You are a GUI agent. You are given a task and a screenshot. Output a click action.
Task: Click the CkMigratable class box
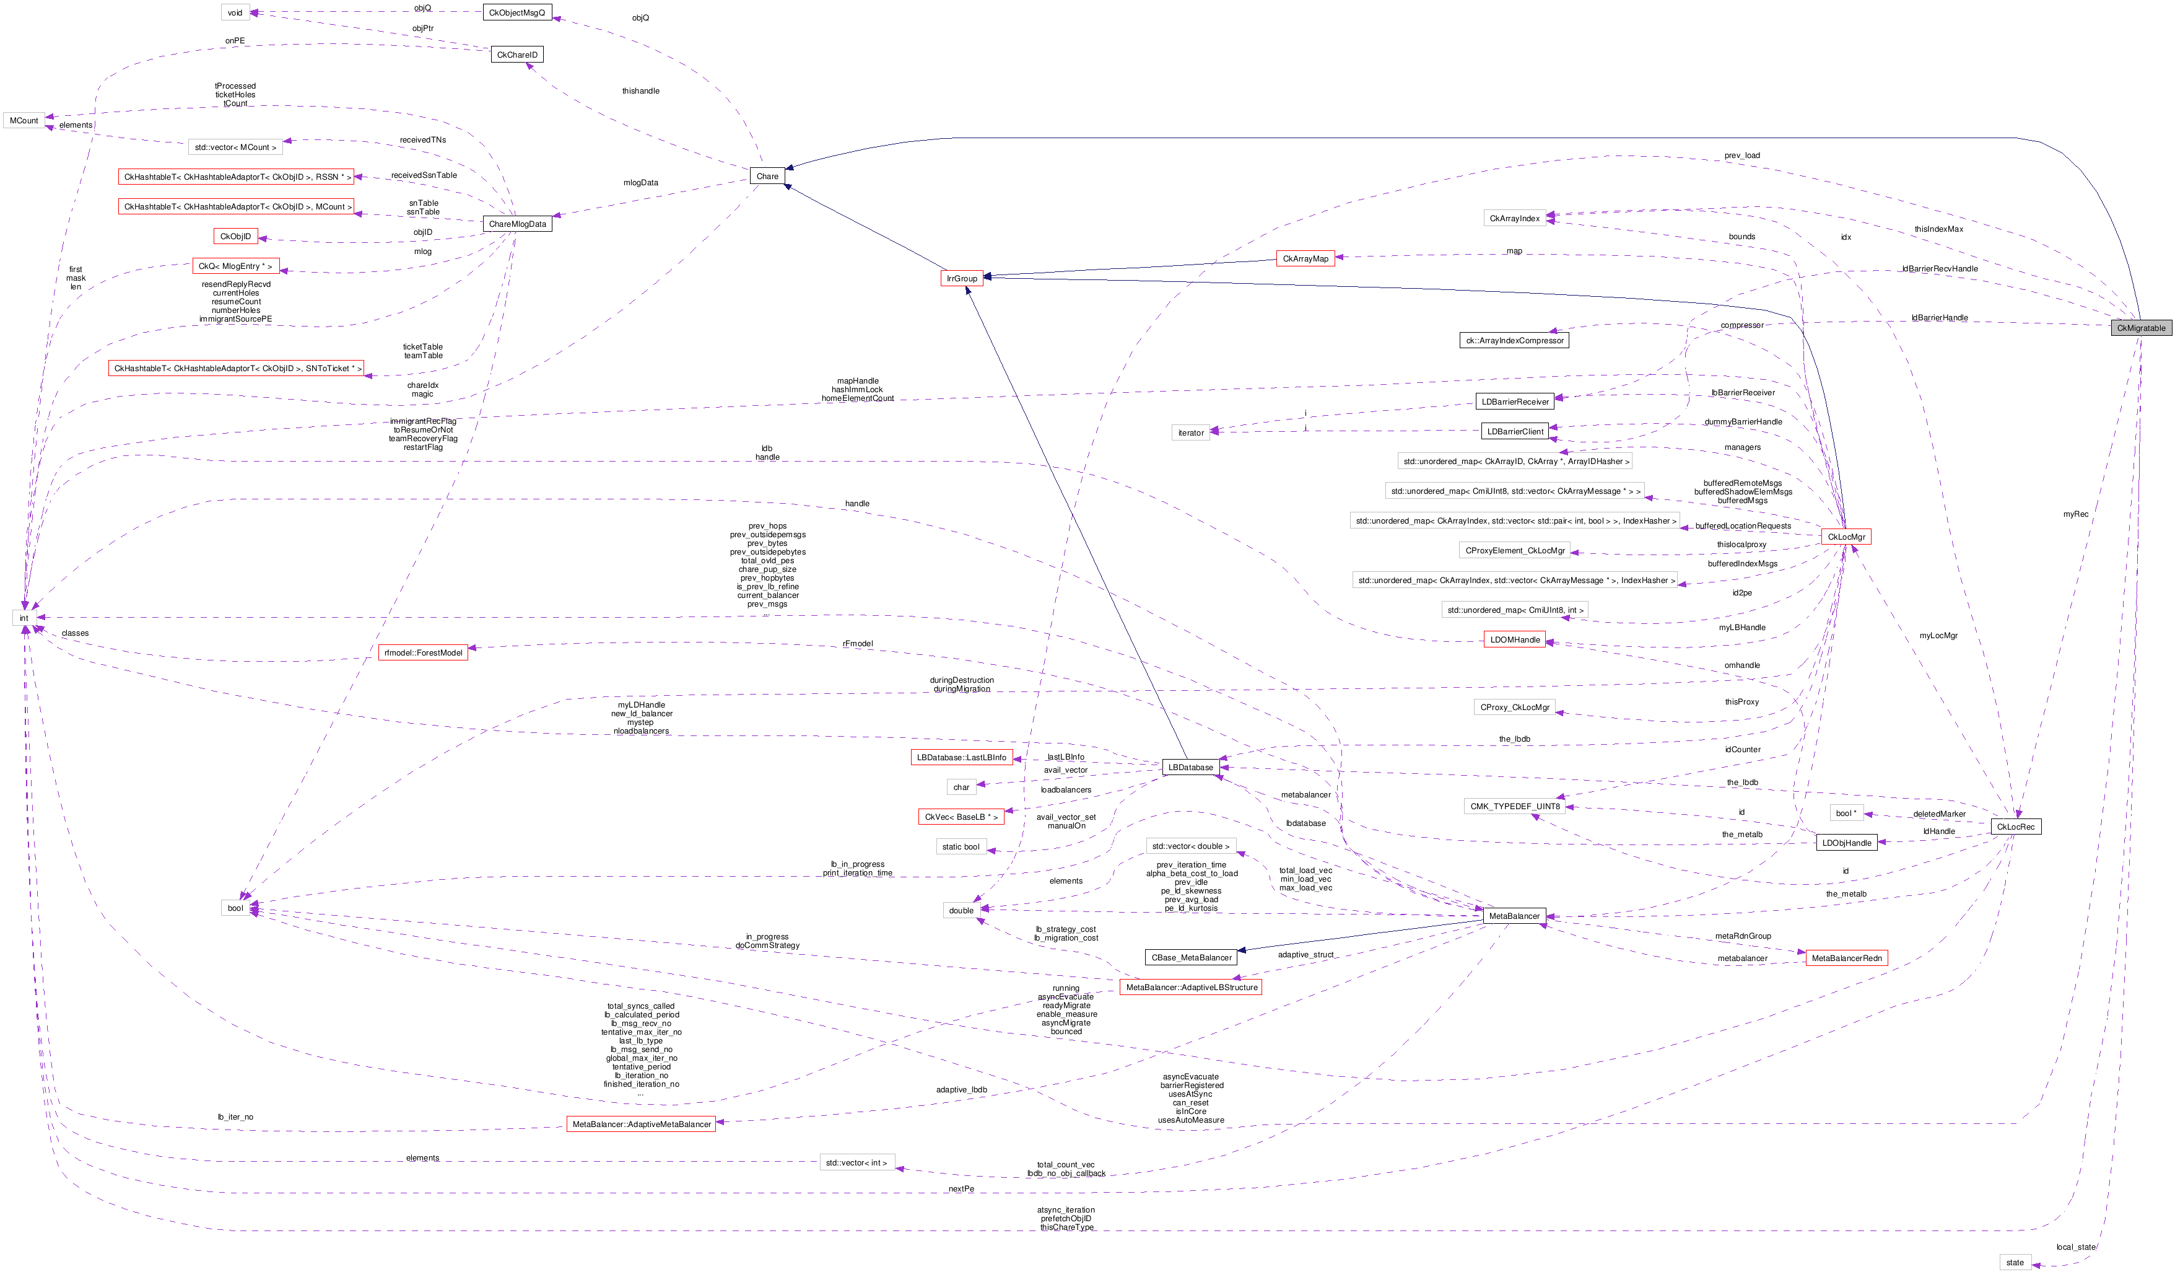coord(2140,328)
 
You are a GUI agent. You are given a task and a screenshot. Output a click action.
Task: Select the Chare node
coord(767,176)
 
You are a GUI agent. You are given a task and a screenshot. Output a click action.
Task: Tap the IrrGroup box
coord(962,278)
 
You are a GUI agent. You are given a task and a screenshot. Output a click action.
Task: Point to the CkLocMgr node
coord(1846,537)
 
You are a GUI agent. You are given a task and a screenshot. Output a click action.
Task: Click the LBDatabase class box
coord(1190,768)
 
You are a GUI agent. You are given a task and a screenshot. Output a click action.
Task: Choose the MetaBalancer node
coord(1513,916)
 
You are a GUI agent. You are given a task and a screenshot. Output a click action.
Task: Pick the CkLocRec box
coord(2015,827)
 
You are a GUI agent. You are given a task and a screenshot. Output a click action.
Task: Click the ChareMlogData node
coord(517,224)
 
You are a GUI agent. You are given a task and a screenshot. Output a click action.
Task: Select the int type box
coord(24,618)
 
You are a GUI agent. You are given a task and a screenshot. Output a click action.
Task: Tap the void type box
coord(235,13)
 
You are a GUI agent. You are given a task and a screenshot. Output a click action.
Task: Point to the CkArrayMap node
coord(1305,259)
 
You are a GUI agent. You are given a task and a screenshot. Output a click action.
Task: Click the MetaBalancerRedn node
coord(1846,958)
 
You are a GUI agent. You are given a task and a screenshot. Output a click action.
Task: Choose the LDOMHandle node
coord(1515,640)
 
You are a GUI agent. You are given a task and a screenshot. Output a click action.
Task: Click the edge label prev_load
coord(1741,156)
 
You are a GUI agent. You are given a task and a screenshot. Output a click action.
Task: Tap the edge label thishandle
coord(640,90)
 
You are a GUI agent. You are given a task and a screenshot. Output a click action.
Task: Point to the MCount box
coord(24,121)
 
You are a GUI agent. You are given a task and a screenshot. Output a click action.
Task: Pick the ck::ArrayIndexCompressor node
coord(1514,340)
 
